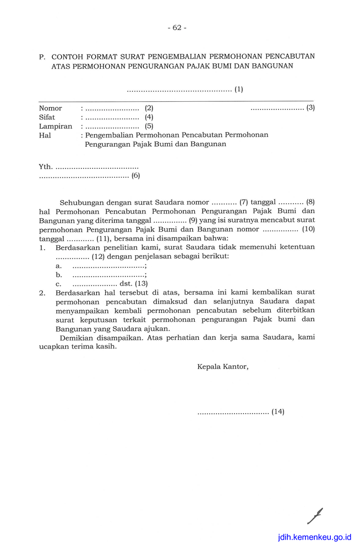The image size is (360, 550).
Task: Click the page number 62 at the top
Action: [177, 28]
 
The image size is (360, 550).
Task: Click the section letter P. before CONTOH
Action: [42, 57]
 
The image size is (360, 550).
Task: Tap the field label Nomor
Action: [50, 108]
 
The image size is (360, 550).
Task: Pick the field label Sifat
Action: [47, 117]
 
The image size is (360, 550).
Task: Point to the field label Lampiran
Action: [56, 126]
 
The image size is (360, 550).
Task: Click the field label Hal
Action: [45, 135]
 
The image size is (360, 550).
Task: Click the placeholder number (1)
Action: [238, 89]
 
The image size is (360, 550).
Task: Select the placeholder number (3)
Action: [310, 108]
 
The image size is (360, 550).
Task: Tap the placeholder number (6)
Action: [135, 176]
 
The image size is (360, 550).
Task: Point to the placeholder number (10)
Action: [308, 229]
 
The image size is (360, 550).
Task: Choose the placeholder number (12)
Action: [98, 256]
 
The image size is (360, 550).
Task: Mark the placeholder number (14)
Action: [278, 411]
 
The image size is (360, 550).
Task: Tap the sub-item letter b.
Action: [58, 274]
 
